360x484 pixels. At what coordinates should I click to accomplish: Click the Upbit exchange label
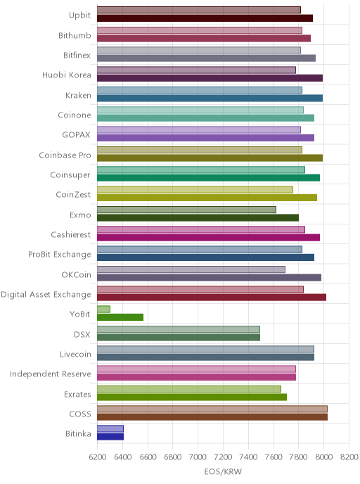pyautogui.click(x=79, y=15)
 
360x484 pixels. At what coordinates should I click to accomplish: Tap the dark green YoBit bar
pyautogui.click(x=120, y=317)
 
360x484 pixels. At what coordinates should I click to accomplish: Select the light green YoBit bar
pyautogui.click(x=103, y=309)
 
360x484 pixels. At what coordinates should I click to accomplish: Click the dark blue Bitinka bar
pyautogui.click(x=110, y=437)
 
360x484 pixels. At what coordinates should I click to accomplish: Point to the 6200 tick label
pyautogui.click(x=97, y=457)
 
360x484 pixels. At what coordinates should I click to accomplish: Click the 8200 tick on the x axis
pyautogui.click(x=349, y=457)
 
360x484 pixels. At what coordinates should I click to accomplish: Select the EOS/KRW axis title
pyautogui.click(x=223, y=471)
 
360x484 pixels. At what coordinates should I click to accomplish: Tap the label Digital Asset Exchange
pyautogui.click(x=46, y=295)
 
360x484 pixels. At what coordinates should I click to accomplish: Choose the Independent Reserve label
pyautogui.click(x=51, y=374)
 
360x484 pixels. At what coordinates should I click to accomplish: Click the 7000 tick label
pyautogui.click(x=198, y=457)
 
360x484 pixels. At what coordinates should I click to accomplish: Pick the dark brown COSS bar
pyautogui.click(x=212, y=417)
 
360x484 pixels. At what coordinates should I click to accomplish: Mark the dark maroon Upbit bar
pyautogui.click(x=205, y=18)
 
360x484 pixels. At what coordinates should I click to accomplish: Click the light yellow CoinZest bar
pyautogui.click(x=195, y=189)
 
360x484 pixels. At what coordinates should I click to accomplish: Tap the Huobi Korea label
pyautogui.click(x=67, y=75)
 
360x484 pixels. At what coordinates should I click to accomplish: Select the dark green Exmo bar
pyautogui.click(x=198, y=217)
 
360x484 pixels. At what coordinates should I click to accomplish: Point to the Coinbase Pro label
pyautogui.click(x=65, y=155)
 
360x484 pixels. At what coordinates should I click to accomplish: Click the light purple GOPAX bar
pyautogui.click(x=199, y=129)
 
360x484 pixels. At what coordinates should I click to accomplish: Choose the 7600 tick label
pyautogui.click(x=274, y=457)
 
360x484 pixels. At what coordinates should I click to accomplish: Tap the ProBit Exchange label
pyautogui.click(x=60, y=255)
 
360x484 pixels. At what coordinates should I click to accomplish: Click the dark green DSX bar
pyautogui.click(x=179, y=338)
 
